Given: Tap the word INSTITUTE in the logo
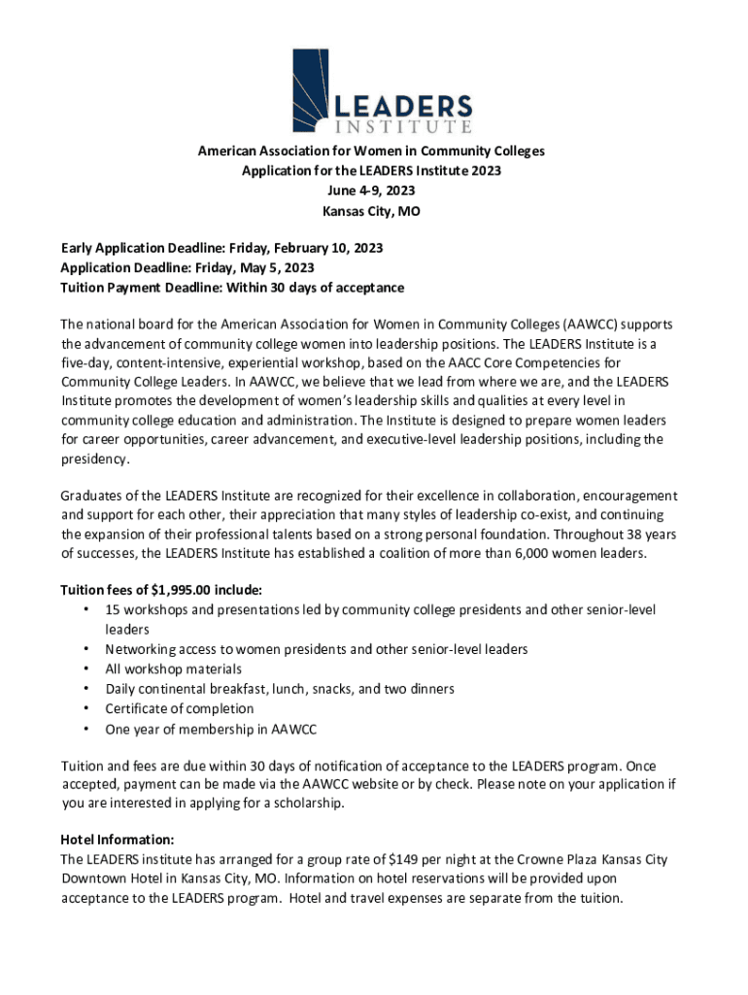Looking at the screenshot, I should [x=403, y=126].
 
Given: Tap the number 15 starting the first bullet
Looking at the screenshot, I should [x=113, y=610].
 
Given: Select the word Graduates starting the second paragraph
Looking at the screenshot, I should [x=94, y=496].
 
